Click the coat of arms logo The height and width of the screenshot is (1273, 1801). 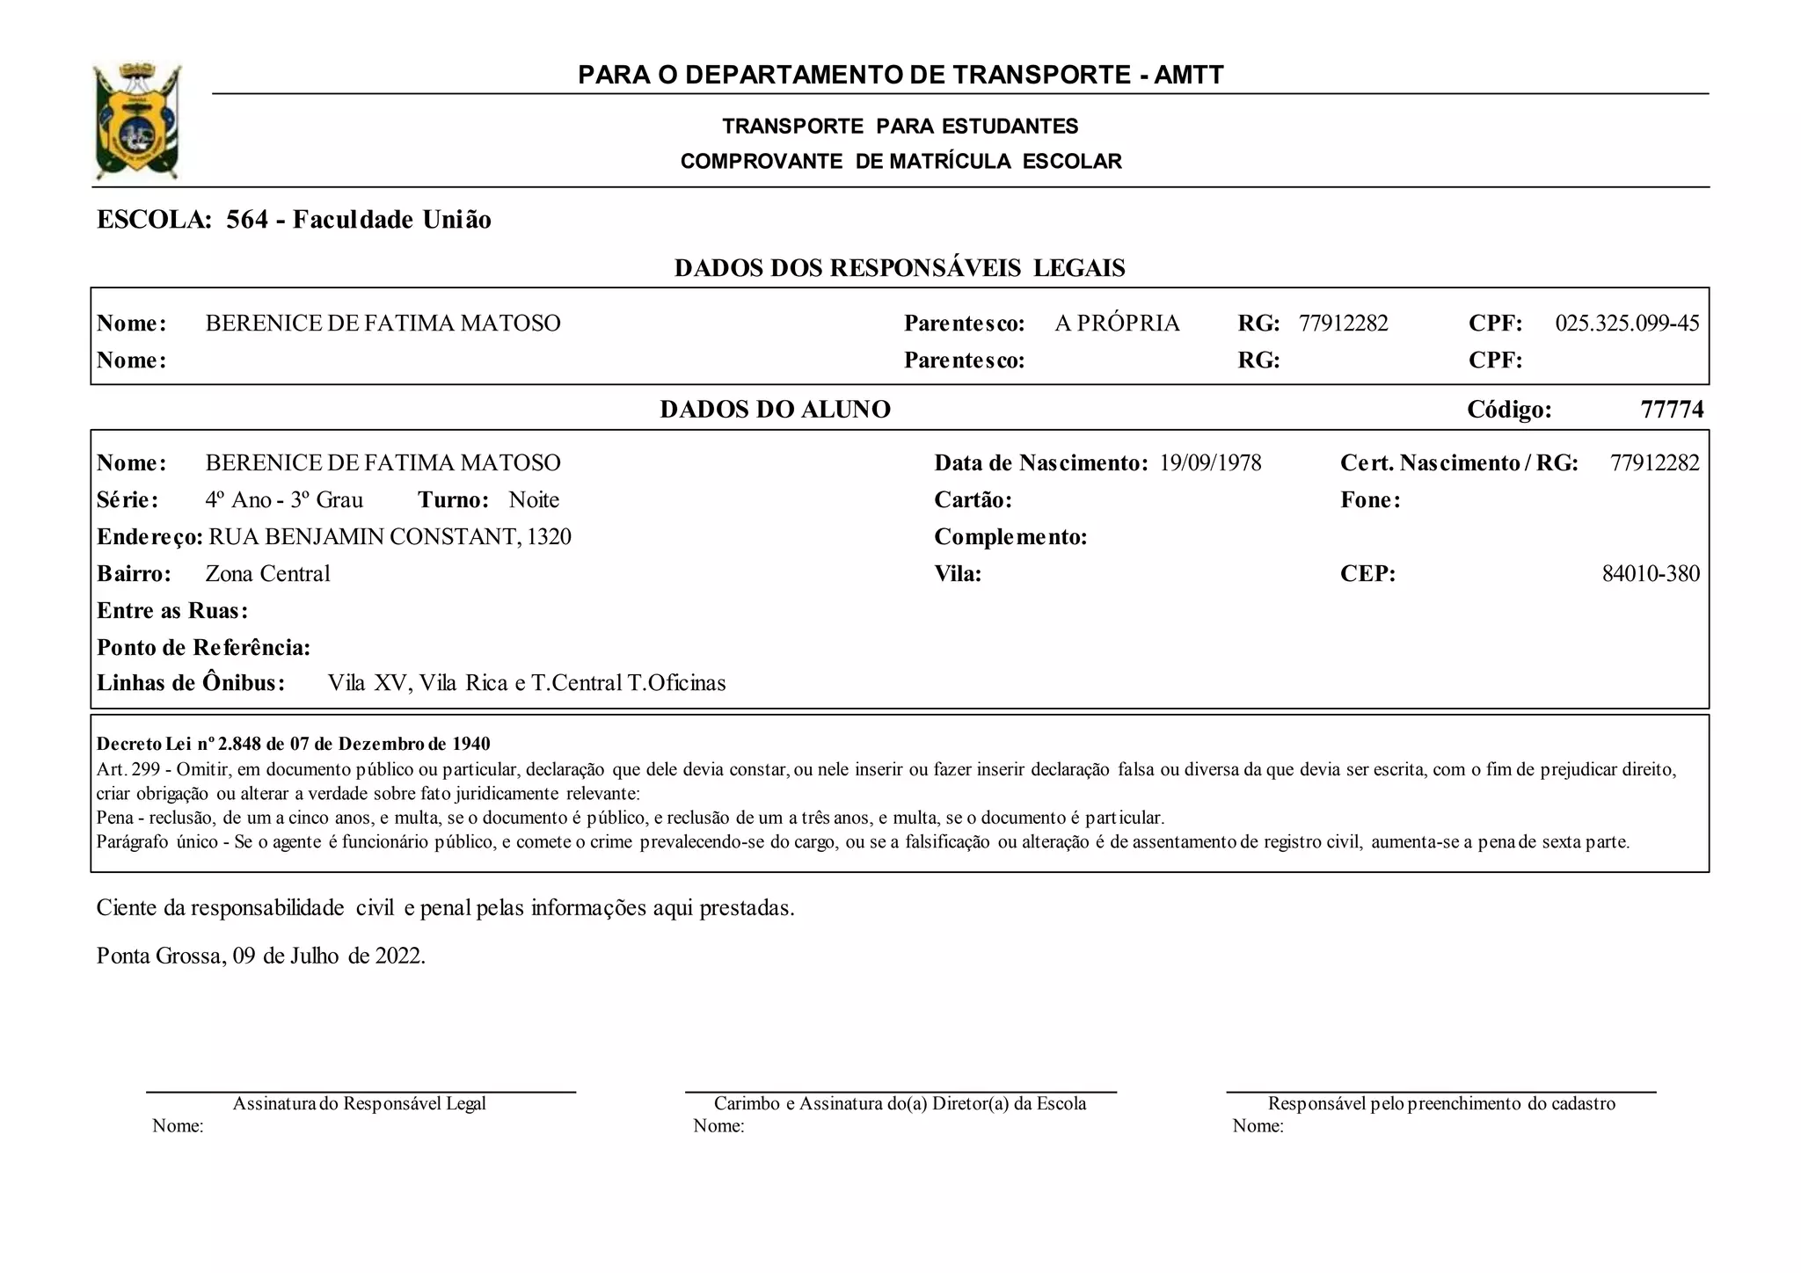click(x=137, y=121)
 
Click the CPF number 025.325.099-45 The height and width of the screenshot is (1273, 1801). click(x=1627, y=324)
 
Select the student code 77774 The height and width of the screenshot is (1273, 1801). click(x=1672, y=410)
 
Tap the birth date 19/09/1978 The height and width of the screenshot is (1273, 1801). click(x=1210, y=463)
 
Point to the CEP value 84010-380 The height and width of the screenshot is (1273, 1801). click(x=1651, y=574)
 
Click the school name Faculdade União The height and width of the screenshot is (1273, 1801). click(x=391, y=220)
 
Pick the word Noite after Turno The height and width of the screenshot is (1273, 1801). click(x=534, y=500)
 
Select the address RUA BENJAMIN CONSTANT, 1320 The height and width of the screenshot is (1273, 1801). click(x=390, y=537)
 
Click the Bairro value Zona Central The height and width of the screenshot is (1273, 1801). click(x=267, y=574)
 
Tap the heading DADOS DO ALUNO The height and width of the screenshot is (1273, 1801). click(x=775, y=410)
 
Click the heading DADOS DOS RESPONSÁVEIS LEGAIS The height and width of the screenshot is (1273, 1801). click(x=900, y=268)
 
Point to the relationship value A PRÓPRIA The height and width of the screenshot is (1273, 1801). click(x=1117, y=324)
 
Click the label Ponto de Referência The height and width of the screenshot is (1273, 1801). click(x=203, y=648)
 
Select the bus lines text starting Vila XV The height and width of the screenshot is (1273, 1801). click(x=527, y=683)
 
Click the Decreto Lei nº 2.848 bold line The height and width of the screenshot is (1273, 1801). click(x=294, y=745)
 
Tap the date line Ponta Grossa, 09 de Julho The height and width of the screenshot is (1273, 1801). click(x=261, y=956)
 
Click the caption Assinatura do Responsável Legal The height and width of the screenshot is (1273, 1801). click(x=359, y=1104)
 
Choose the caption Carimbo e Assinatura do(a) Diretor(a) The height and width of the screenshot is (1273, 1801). click(x=900, y=1104)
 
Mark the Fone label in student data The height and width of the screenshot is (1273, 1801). click(x=1369, y=500)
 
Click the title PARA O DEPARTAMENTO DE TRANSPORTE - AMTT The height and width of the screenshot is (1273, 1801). click(x=900, y=76)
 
